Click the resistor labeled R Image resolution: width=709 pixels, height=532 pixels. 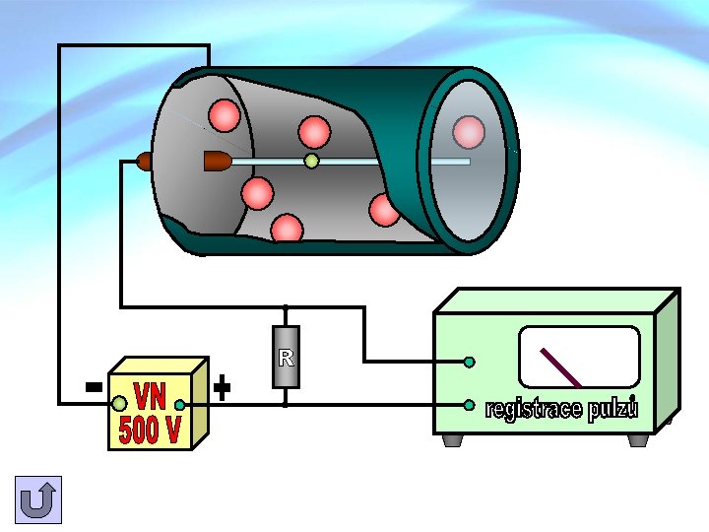286,357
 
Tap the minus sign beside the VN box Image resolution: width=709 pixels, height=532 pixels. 95,387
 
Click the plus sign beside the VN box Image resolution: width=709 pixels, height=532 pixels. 222,388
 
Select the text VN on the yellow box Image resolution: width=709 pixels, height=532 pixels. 151,397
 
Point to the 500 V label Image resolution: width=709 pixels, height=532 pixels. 150,430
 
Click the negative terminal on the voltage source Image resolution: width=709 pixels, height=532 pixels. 119,404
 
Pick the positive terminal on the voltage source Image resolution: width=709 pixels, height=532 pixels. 180,405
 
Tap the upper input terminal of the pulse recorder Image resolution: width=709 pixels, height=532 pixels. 470,362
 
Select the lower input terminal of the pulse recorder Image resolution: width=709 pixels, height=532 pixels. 470,405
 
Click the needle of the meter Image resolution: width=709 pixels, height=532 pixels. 560,367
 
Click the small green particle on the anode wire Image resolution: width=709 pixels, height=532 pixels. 311,161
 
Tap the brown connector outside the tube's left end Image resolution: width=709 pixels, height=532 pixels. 144,162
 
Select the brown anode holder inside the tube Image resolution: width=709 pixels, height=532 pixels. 218,161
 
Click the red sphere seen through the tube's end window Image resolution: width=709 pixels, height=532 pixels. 469,132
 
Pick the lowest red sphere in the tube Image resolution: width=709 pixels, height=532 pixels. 287,229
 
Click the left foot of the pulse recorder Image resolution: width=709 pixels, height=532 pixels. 453,440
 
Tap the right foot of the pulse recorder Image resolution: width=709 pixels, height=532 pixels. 638,440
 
